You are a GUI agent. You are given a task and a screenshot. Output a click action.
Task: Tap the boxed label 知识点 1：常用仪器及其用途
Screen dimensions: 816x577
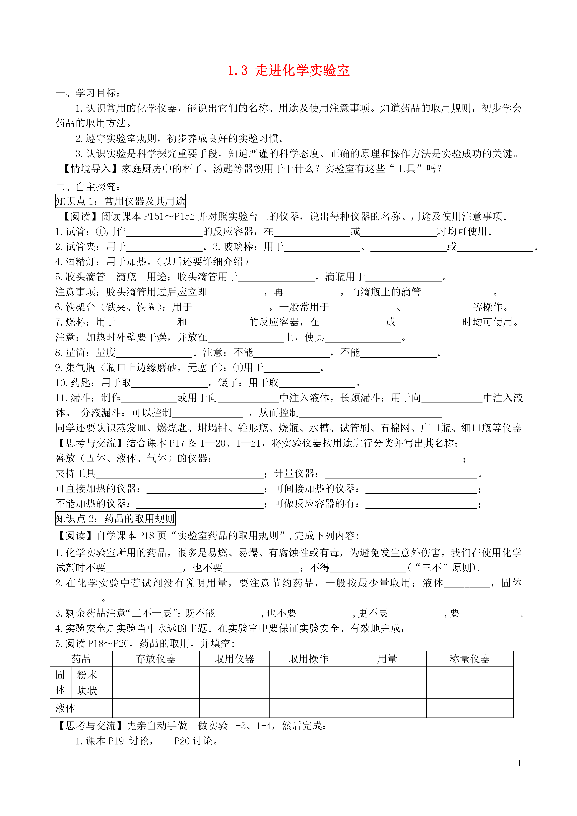120,201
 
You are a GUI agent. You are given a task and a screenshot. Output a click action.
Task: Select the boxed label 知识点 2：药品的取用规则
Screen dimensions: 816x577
115,519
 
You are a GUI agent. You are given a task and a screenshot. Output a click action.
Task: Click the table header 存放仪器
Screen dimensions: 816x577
156,659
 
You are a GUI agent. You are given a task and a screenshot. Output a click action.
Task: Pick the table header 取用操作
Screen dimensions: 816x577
308,659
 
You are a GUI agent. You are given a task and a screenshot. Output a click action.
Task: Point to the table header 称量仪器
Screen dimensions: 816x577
469,659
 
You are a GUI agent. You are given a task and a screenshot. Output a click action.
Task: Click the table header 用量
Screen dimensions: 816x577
387,659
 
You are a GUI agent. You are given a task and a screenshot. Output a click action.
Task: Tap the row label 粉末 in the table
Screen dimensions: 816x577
87,674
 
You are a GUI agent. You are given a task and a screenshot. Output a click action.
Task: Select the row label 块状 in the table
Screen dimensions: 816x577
87,691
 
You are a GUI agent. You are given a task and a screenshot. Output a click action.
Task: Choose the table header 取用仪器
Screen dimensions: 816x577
234,659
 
